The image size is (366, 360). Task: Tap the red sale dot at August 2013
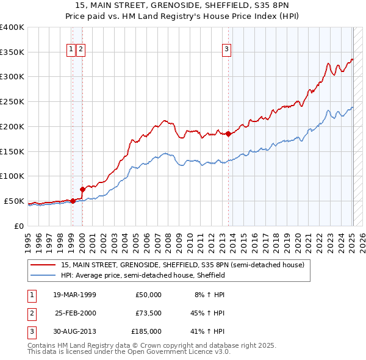[x=229, y=133]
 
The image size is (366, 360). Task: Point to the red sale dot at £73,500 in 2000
[x=82, y=189]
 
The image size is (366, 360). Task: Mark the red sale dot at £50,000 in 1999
[x=73, y=201]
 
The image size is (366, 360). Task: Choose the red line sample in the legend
[x=43, y=265]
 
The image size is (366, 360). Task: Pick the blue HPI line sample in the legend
[x=43, y=275]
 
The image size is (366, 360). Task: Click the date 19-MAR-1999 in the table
[x=74, y=295]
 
